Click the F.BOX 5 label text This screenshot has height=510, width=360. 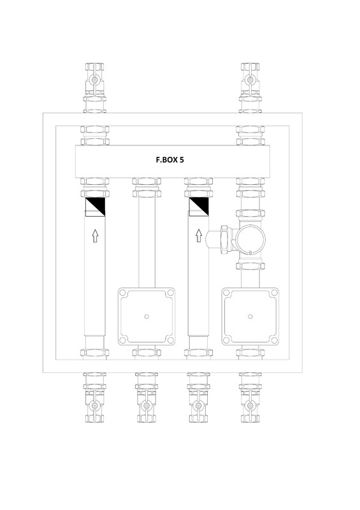[169, 160]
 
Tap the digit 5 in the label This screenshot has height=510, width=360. [182, 160]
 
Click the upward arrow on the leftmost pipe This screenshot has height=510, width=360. [95, 236]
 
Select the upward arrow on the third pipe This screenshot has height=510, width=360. [198, 236]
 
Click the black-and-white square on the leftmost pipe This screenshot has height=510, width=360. [96, 207]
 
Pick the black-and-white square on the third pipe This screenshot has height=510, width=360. [199, 207]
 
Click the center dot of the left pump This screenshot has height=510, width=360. [147, 316]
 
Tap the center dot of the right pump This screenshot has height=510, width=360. [250, 316]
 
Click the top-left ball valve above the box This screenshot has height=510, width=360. [94, 80]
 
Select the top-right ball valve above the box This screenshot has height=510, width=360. [250, 80]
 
